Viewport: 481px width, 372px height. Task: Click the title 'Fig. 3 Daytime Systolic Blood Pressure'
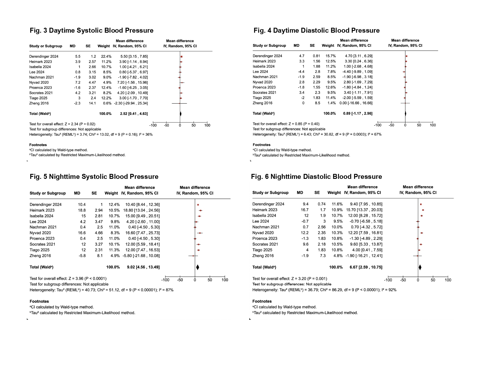92,31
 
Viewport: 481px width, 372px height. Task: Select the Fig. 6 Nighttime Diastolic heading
316,177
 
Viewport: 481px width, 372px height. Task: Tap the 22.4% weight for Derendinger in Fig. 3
106,57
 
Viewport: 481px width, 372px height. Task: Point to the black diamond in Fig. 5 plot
198,267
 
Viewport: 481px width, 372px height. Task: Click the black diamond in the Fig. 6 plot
420,267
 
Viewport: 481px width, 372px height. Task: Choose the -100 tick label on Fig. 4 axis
378,125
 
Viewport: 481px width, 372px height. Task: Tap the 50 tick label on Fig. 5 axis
210,280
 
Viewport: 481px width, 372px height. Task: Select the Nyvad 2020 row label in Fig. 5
40,233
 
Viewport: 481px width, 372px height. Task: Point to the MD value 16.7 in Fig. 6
305,210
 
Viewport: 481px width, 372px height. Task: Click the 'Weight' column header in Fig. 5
111,193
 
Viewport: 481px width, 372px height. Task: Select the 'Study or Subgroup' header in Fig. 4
269,46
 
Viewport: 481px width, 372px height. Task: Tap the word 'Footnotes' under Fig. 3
38,145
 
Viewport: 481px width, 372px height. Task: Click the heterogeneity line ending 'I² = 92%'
324,290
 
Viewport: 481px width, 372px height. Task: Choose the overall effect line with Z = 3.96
68,279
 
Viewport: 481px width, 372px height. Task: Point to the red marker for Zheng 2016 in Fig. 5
193,256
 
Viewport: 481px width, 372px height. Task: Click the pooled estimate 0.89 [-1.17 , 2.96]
358,113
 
